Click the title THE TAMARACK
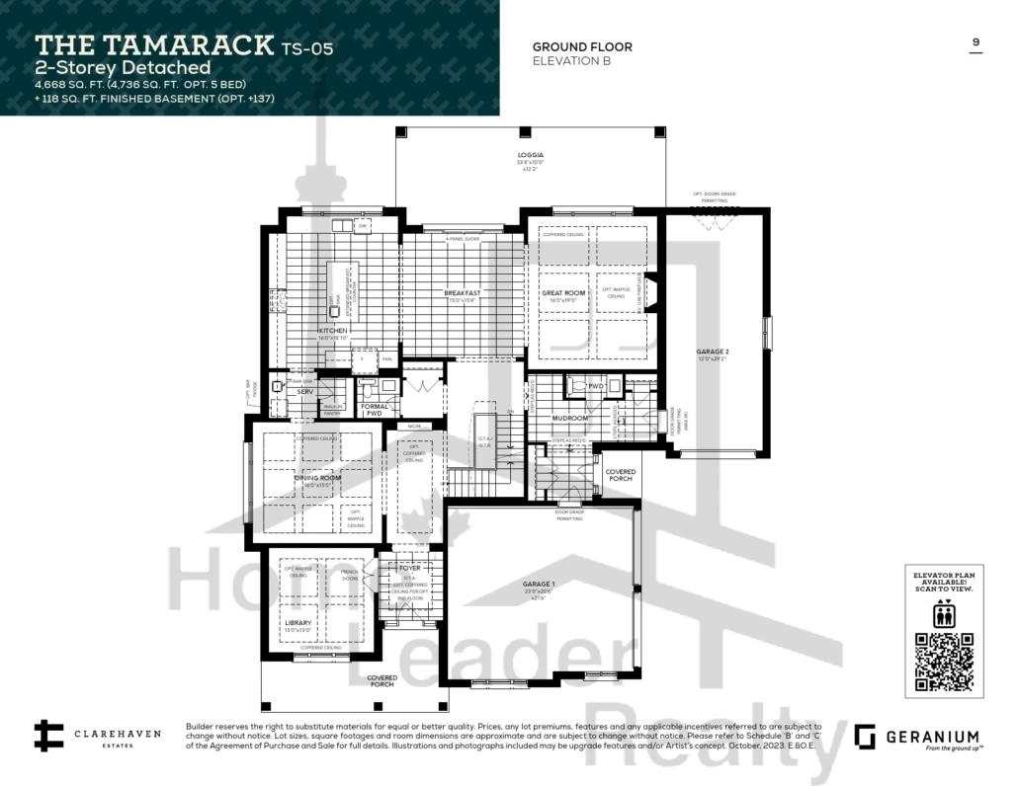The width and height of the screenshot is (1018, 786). point(155,44)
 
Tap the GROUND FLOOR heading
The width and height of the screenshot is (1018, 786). point(582,46)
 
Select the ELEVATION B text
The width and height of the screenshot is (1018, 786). point(571,61)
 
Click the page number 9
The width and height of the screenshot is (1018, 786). point(976,42)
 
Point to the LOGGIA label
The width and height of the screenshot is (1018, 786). point(530,155)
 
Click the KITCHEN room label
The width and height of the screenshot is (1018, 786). point(332,330)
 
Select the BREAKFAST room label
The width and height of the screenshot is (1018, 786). point(462,293)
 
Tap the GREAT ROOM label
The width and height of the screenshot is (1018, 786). point(563,293)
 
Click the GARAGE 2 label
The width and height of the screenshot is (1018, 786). point(712,353)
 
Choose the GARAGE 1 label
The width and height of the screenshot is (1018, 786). point(539,584)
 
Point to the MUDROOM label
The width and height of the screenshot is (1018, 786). point(570,418)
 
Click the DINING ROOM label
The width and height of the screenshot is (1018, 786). point(316,478)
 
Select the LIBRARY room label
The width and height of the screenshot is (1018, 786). point(297,623)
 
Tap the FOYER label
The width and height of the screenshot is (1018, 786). point(409,568)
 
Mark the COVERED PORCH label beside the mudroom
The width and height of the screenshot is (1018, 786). point(621,476)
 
